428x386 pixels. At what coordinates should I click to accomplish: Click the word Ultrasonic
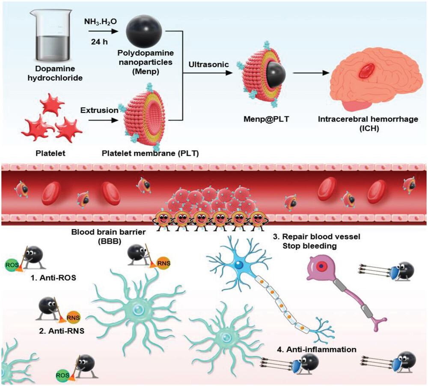[205, 64]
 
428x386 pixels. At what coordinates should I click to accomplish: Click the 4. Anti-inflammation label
[316, 349]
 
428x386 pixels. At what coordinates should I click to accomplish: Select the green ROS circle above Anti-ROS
[11, 264]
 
